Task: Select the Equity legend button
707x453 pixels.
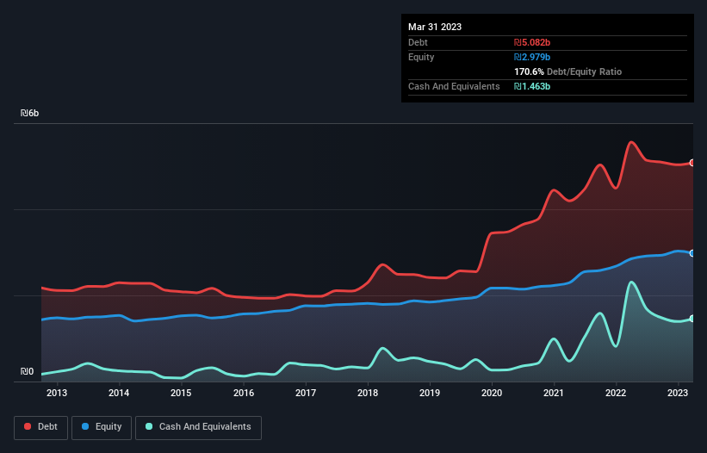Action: (102, 426)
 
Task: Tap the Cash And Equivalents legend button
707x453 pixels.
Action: (198, 426)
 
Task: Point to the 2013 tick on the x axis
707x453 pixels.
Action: (57, 394)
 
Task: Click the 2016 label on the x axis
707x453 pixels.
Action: (244, 394)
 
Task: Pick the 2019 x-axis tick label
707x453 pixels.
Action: (430, 394)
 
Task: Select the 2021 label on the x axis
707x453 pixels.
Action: (554, 394)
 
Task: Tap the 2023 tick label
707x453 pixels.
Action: (679, 394)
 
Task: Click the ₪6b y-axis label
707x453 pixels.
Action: (30, 114)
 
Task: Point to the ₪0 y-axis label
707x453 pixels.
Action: (28, 372)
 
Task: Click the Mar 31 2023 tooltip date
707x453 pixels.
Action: (435, 27)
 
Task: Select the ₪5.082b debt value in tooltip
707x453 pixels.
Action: (532, 42)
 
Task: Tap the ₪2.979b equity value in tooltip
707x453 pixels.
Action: (532, 57)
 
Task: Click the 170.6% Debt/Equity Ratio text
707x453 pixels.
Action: (567, 71)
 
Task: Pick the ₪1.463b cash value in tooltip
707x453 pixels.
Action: (532, 86)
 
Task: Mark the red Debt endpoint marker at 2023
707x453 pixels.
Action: (692, 163)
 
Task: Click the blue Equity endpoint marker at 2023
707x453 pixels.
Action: (692, 253)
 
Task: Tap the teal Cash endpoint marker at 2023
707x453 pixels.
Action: (692, 319)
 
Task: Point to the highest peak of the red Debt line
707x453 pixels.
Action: (632, 142)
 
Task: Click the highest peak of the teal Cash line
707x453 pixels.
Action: (632, 282)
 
